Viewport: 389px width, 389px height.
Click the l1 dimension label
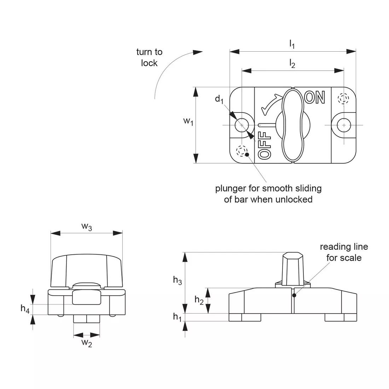coord(292,44)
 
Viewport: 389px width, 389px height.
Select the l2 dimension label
coord(292,64)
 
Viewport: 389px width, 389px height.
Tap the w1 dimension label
coord(188,121)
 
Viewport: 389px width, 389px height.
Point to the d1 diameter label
coord(219,100)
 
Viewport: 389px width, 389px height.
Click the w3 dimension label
coord(87,227)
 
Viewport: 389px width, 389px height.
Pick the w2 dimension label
coord(87,343)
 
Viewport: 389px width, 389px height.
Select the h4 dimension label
coord(25,309)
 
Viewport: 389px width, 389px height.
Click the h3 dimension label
coord(178,280)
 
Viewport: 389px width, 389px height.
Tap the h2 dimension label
coord(199,300)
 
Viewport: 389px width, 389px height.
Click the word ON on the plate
coord(314,98)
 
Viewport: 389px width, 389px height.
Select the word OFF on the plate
coord(265,145)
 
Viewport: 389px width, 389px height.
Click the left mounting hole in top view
coord(242,125)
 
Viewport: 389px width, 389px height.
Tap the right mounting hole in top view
coord(344,125)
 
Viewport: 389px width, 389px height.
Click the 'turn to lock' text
coord(149,57)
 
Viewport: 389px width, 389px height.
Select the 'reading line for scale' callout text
coord(344,252)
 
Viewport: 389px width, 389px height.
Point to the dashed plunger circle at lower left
coord(242,151)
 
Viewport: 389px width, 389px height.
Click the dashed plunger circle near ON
coord(343,98)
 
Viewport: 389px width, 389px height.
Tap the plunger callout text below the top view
coord(268,194)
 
